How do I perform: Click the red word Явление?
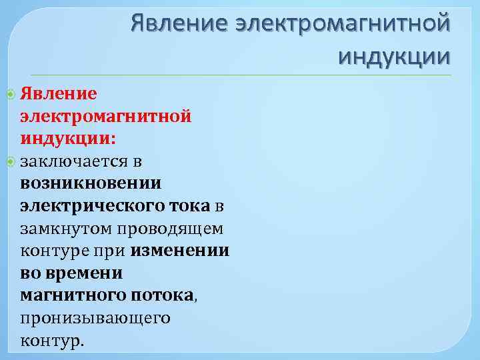59,93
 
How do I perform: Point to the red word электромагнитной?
106,116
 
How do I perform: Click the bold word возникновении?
91,183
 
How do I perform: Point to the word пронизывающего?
95,319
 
